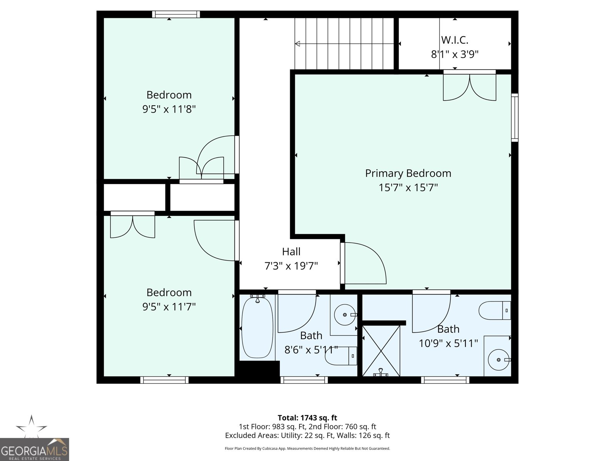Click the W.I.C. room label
coord(455,40)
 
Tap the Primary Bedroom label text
coord(408,173)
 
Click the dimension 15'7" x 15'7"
coord(408,188)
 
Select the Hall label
coord(291,252)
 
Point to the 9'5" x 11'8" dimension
coord(169,109)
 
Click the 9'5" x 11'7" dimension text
coord(169,307)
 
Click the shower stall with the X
coord(381,350)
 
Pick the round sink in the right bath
coord(499,360)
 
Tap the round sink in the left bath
coord(345,315)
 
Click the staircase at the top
coord(344,43)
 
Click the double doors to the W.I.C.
coord(469,86)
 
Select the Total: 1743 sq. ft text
coord(307,418)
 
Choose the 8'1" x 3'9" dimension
coord(455,54)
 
